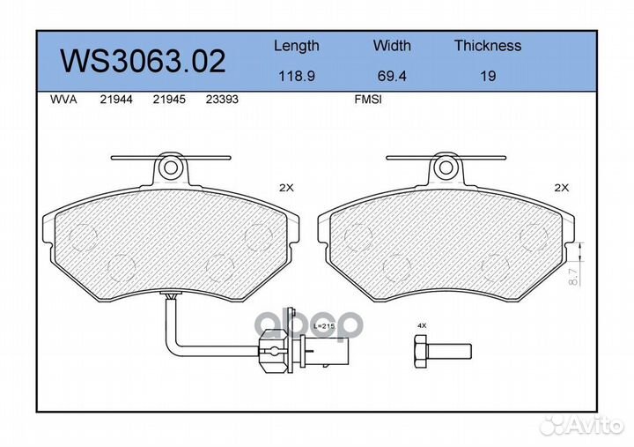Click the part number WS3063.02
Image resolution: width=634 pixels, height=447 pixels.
tap(142, 61)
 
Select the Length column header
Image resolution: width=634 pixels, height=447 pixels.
tap(296, 46)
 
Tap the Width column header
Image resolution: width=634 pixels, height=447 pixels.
tap(392, 46)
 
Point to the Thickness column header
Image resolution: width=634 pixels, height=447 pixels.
tap(487, 46)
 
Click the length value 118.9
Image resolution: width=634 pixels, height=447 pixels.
tap(296, 76)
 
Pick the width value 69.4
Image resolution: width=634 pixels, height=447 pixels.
tap(392, 76)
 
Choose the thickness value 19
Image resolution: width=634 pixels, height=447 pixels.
tap(488, 76)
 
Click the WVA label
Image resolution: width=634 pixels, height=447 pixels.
tap(63, 100)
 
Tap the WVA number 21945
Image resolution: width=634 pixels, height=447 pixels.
tap(169, 100)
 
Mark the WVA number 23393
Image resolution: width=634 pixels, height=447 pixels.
tap(222, 100)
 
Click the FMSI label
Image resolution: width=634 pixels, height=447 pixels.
tap(367, 100)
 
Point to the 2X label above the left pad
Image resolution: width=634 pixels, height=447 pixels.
tap(287, 188)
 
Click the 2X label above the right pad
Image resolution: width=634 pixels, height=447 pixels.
tap(562, 188)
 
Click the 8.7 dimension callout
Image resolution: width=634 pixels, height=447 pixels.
tap(572, 276)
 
